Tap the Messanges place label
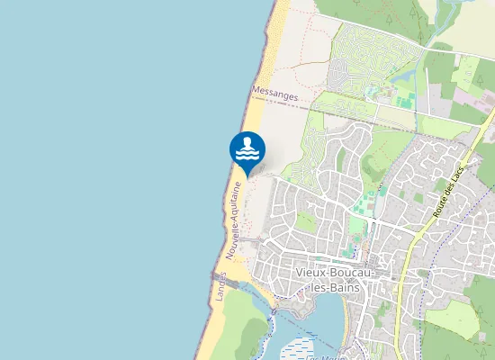[x=274, y=92]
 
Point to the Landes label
[x=219, y=286]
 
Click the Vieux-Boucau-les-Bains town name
[x=328, y=279]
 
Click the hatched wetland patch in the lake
[x=297, y=346]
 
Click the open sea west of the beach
[x=108, y=180]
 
